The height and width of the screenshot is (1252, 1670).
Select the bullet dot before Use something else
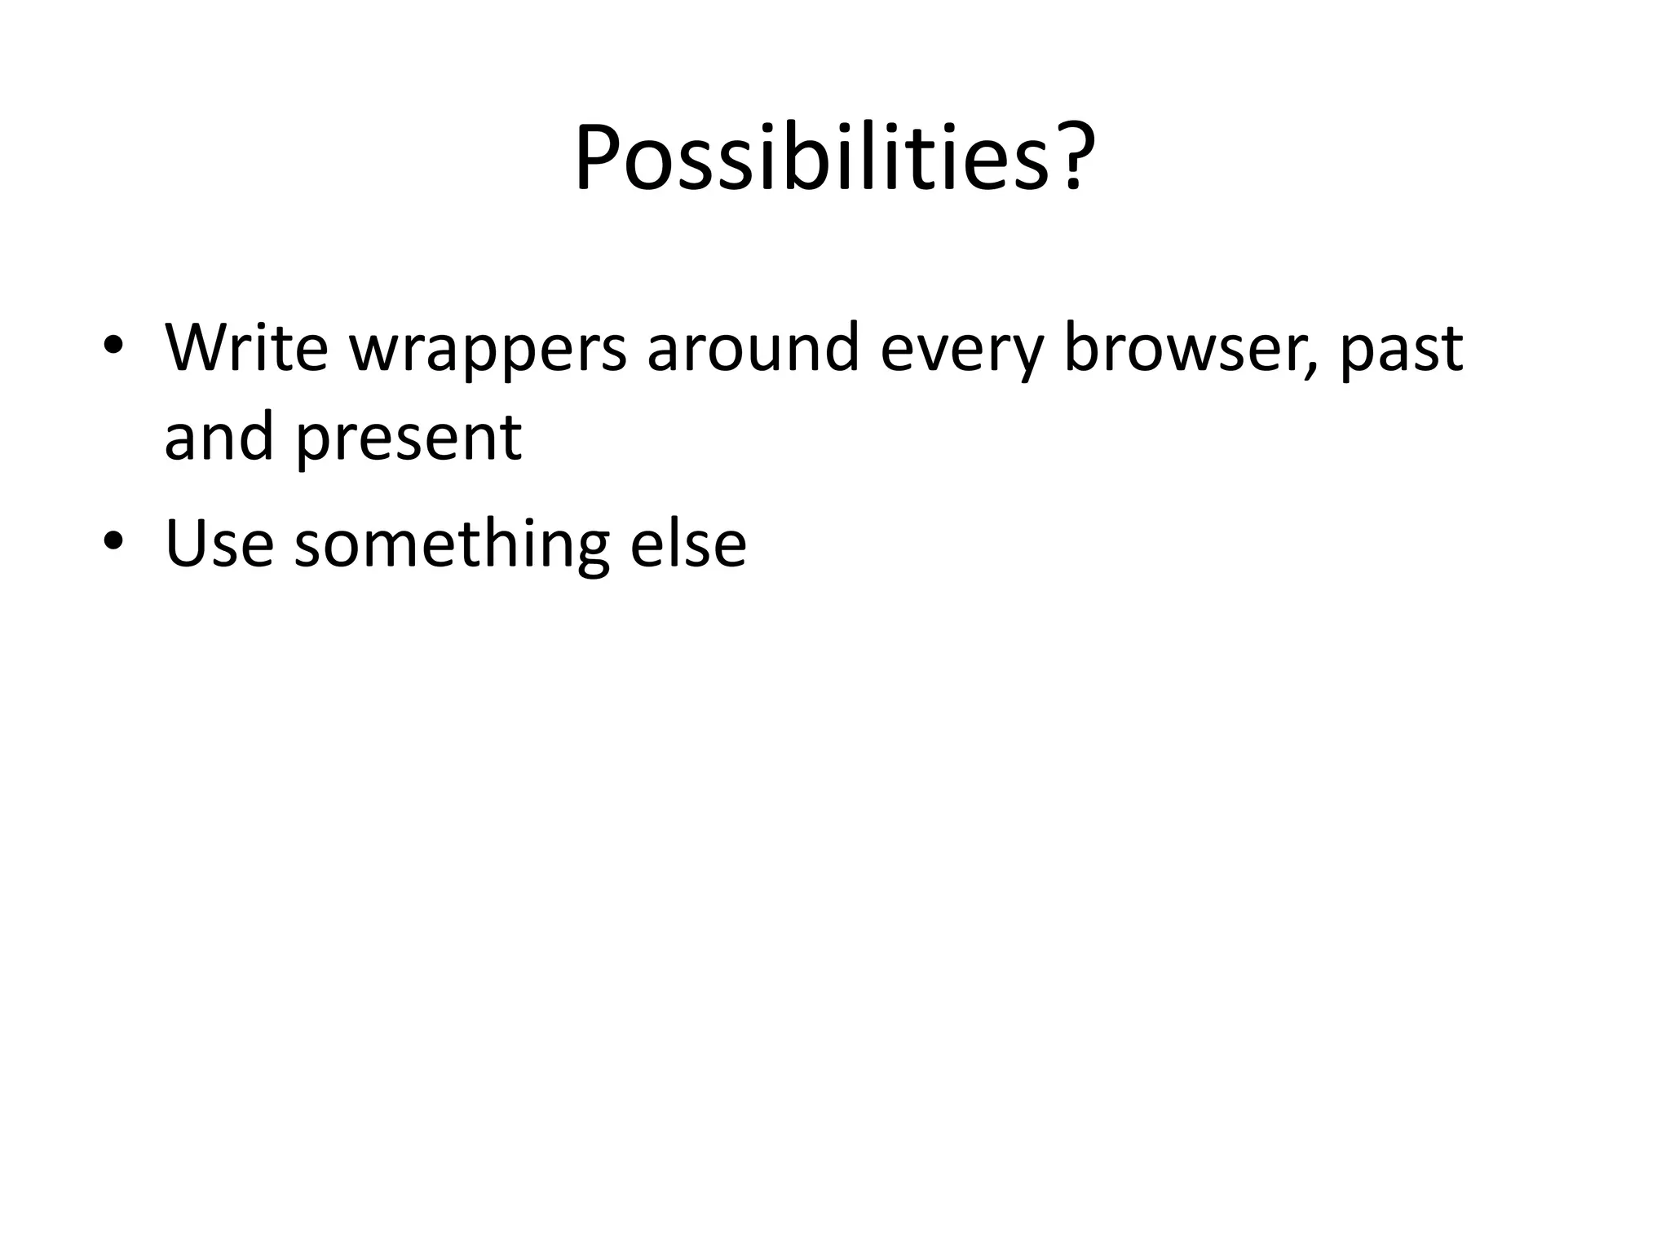113,542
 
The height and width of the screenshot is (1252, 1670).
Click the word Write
246,348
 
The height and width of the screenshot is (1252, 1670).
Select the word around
753,348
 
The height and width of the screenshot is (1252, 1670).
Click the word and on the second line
219,437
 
